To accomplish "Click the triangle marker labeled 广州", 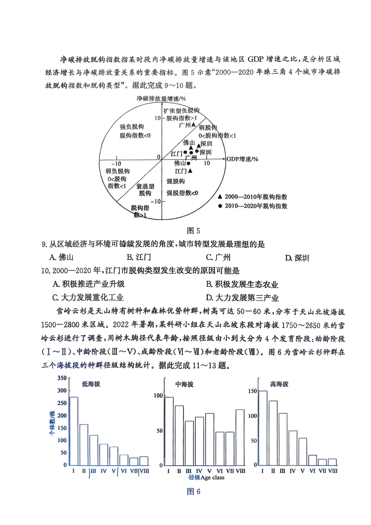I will pyautogui.click(x=194, y=125).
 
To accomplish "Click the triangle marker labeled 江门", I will pyautogui.click(x=190, y=171).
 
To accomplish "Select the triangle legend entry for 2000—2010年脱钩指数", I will pyautogui.click(x=220, y=197).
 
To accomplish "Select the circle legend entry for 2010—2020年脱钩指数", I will pyautogui.click(x=220, y=206).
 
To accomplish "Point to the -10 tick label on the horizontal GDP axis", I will pyautogui.click(x=116, y=164).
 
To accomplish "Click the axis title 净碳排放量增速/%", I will pyautogui.click(x=161, y=99).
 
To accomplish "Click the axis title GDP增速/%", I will pyautogui.click(x=242, y=159).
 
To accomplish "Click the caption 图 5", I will pyautogui.click(x=193, y=230).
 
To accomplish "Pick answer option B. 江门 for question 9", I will pyautogui.click(x=139, y=257).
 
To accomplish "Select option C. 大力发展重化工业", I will pyautogui.click(x=88, y=298).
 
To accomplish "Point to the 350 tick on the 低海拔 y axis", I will pyautogui.click(x=62, y=378).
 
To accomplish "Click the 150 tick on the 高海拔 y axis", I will pyautogui.click(x=252, y=391).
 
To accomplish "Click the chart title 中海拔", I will pyautogui.click(x=184, y=384).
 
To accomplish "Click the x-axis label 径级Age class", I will pyautogui.click(x=206, y=477).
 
